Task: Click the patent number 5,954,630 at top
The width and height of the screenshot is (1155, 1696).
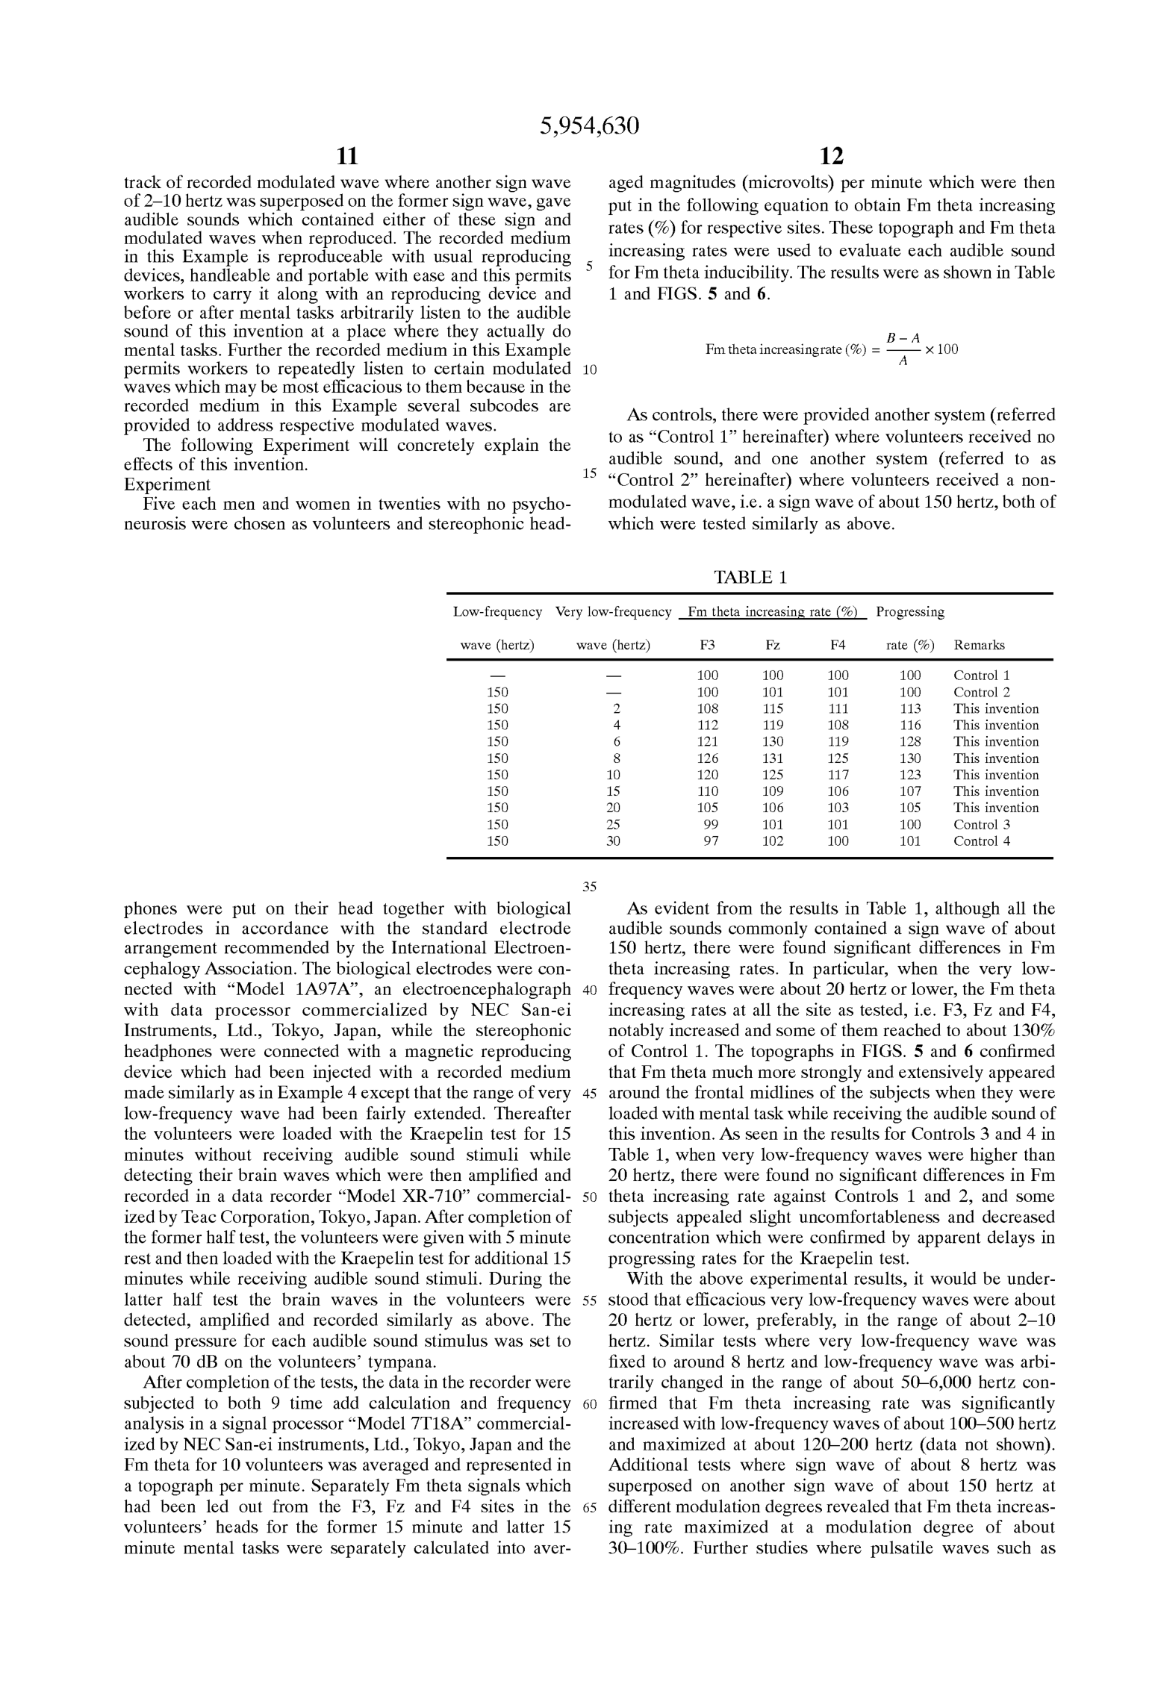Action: [589, 126]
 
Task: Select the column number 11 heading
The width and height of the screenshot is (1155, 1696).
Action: [347, 157]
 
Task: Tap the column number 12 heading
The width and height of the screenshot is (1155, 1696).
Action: [831, 157]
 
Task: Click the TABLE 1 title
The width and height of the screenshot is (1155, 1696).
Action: [750, 577]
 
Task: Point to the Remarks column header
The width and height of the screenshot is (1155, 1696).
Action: [979, 645]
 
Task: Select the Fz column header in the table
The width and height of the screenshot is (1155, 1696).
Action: [772, 645]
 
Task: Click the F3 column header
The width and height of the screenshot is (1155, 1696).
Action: [707, 645]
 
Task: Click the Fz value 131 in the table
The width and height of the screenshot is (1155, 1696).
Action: [772, 758]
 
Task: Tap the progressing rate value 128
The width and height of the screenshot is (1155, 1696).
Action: [910, 742]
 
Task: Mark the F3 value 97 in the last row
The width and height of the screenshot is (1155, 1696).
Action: [711, 841]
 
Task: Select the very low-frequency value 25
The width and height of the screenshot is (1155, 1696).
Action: [613, 825]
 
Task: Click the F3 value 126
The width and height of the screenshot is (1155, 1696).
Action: [707, 758]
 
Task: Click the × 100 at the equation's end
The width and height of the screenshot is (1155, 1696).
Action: [941, 349]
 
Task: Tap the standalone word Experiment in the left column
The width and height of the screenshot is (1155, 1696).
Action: [167, 484]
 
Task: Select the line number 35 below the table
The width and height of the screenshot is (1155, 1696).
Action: [590, 887]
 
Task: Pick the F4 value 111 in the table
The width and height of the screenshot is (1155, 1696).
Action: [838, 709]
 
